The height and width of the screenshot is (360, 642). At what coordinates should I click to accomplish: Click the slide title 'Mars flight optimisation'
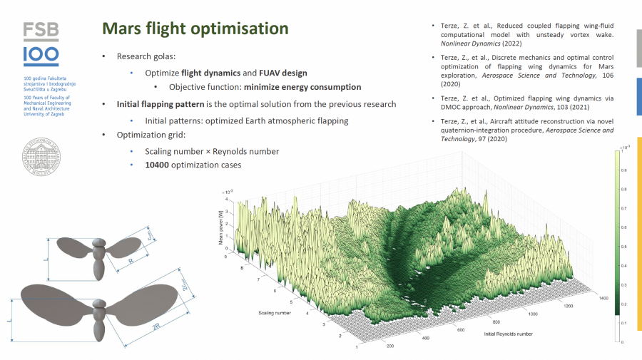[195, 29]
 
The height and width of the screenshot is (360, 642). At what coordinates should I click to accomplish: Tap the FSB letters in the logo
[41, 31]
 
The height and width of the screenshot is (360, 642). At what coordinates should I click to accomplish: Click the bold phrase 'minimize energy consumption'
[302, 87]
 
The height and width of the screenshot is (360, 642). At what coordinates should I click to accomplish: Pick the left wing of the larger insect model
[53, 299]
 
